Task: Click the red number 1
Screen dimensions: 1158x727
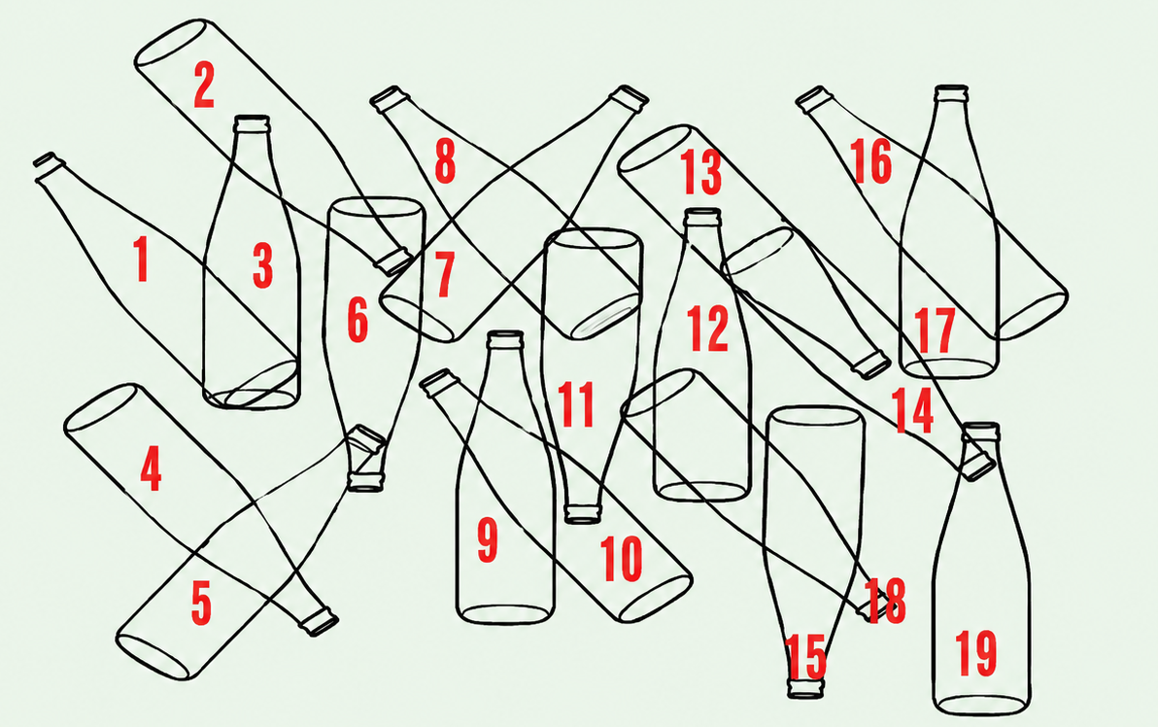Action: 141,259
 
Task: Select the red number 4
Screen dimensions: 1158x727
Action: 151,468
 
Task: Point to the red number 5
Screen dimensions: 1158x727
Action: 201,603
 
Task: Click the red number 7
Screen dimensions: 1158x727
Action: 444,274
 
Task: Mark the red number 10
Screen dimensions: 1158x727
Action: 621,559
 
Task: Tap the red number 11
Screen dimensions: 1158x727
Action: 576,404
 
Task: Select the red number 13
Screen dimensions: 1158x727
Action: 700,171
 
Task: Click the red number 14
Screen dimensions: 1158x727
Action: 913,410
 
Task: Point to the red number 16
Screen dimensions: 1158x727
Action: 870,160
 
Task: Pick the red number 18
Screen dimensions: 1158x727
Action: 884,600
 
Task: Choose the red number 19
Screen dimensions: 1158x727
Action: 975,652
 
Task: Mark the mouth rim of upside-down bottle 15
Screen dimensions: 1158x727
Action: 805,689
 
